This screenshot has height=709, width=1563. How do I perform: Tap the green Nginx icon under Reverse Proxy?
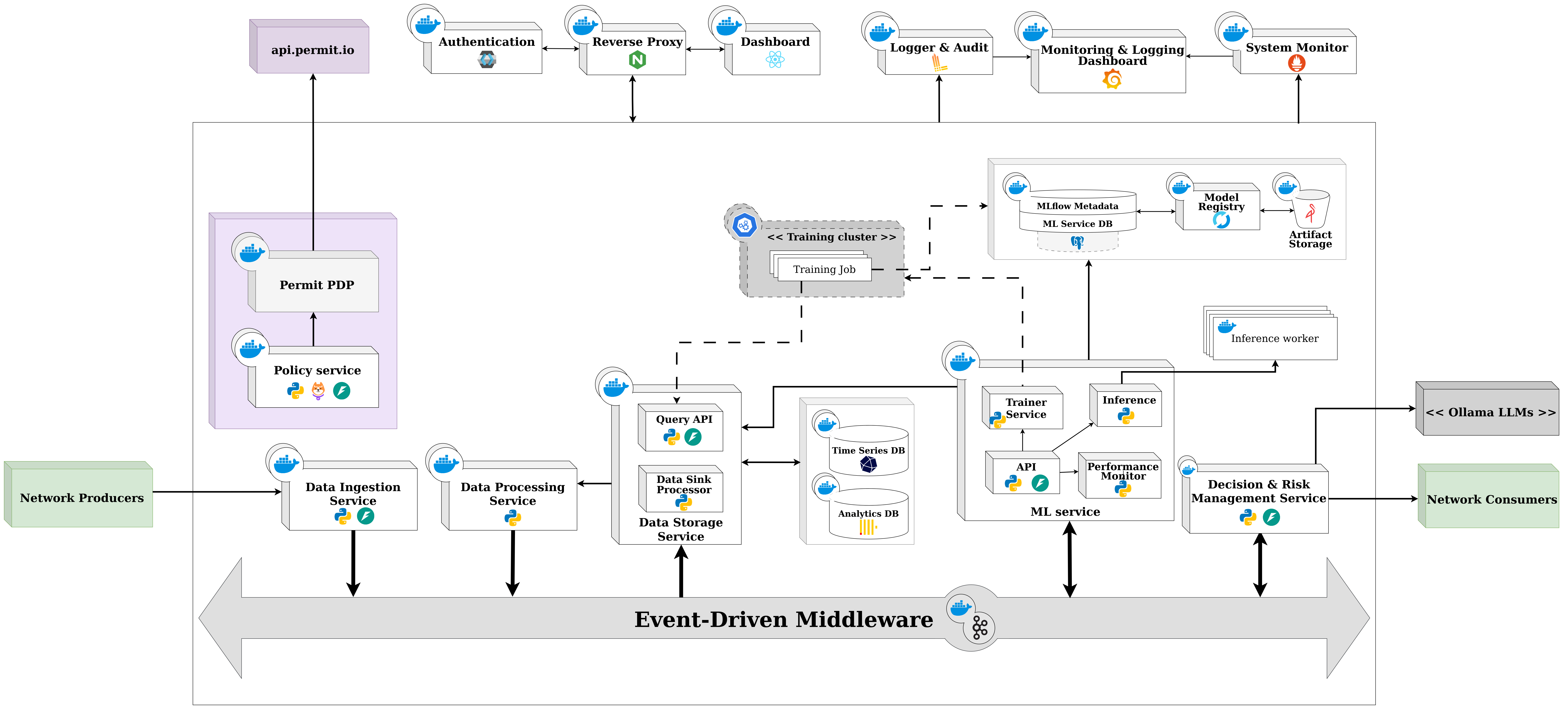[x=637, y=60]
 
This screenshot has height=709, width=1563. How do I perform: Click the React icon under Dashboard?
[x=775, y=60]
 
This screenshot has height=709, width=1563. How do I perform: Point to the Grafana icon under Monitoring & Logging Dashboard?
[x=1112, y=79]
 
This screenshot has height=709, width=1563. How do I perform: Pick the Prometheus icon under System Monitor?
[x=1297, y=62]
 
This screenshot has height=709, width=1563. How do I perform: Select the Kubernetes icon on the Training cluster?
[x=744, y=225]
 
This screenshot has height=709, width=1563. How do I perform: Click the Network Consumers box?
[x=1488, y=496]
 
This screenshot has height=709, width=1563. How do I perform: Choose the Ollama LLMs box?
[x=1487, y=408]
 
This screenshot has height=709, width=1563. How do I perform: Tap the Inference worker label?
[x=1274, y=338]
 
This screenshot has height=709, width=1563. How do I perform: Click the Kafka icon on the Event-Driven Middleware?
[x=979, y=628]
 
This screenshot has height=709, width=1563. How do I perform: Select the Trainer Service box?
[x=1022, y=408]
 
